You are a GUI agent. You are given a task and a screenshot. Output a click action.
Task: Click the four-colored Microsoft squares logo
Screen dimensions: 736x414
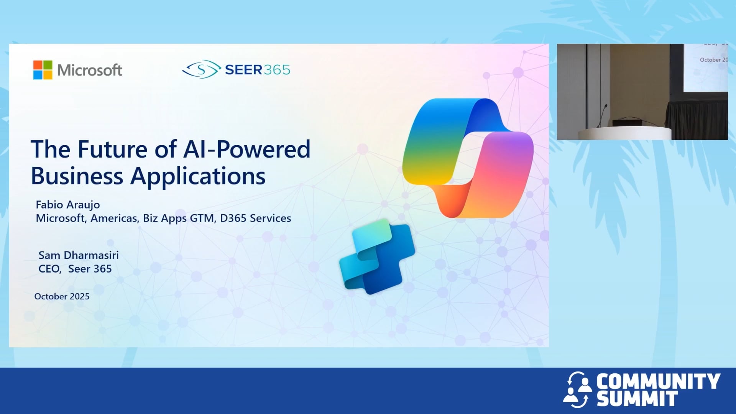click(x=43, y=70)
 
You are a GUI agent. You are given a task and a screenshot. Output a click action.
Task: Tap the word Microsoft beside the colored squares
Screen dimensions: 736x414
click(x=90, y=70)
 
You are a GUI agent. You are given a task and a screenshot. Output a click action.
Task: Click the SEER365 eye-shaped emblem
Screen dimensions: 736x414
click(x=202, y=69)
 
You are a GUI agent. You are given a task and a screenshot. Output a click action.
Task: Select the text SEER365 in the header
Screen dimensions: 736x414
click(x=258, y=70)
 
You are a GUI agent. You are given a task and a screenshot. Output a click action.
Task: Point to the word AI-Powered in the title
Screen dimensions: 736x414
click(x=247, y=149)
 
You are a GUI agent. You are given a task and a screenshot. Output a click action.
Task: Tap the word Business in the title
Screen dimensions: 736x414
click(x=77, y=176)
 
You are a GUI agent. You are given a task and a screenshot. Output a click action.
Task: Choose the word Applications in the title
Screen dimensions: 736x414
click(x=198, y=177)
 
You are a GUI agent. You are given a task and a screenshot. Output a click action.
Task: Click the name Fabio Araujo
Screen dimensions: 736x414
click(x=68, y=205)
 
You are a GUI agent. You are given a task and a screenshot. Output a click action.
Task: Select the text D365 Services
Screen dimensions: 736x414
click(x=256, y=218)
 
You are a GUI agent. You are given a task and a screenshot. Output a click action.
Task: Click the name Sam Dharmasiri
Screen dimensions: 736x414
click(x=79, y=255)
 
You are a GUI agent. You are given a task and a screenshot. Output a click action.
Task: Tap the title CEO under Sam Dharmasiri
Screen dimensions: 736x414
click(x=50, y=269)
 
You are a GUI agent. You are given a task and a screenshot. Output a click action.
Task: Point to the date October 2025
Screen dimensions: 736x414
click(x=62, y=296)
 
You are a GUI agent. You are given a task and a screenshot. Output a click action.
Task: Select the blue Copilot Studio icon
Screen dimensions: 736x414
click(x=377, y=256)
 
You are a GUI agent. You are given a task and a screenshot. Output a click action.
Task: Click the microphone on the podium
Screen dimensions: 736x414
click(x=602, y=115)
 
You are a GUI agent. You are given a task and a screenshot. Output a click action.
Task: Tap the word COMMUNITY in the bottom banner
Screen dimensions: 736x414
click(x=658, y=381)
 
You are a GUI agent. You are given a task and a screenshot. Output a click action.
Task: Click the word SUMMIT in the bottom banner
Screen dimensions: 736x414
click(x=637, y=399)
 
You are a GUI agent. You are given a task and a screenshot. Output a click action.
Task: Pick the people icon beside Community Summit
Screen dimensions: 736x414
click(x=577, y=389)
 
